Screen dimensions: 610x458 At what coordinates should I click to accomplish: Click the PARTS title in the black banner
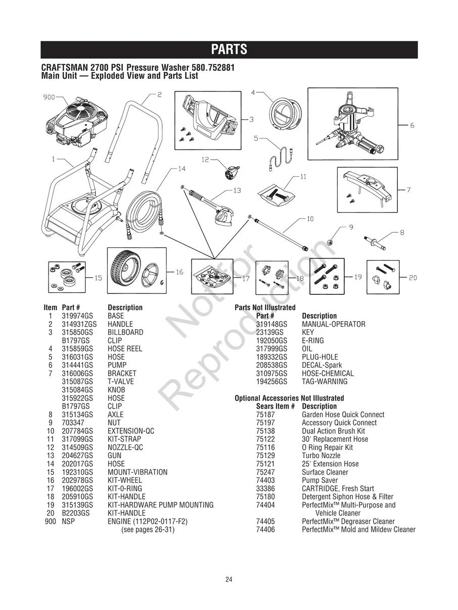[229, 49]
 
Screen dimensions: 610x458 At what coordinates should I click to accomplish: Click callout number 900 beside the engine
[49, 97]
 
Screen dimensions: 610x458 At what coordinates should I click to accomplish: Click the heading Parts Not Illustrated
[265, 308]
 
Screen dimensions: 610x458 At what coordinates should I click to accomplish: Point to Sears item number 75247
[265, 472]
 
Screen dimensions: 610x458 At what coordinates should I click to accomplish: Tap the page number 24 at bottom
[229, 580]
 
